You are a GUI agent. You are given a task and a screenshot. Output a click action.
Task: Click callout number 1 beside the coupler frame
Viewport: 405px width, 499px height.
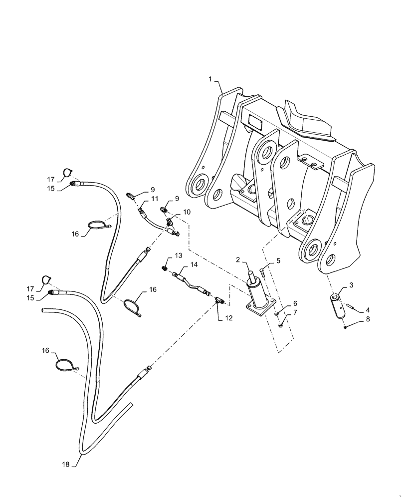210,79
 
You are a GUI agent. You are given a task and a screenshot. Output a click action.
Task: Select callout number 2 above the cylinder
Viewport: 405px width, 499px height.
238,259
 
